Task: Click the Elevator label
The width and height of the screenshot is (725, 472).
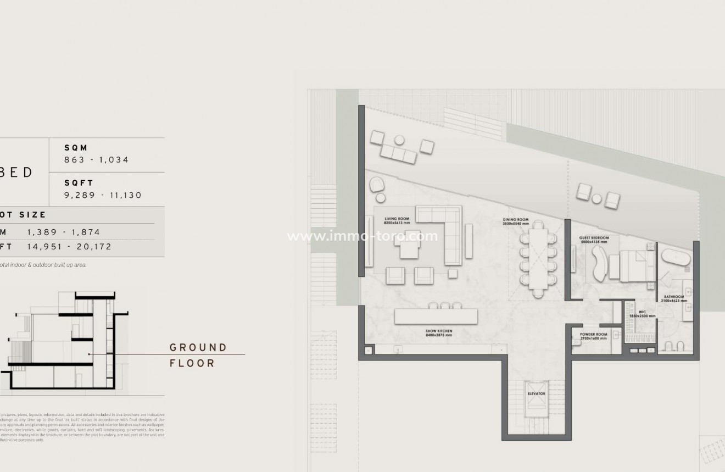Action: tap(536, 394)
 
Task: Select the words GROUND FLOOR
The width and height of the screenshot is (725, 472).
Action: tap(198, 355)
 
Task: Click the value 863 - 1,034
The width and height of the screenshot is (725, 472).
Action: tap(96, 160)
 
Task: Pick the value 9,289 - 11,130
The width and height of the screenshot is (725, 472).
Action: tap(103, 195)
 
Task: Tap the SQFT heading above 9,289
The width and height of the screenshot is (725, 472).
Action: tap(79, 183)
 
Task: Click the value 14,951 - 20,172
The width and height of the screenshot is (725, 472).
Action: tap(69, 247)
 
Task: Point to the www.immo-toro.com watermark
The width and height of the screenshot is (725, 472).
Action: tap(362, 236)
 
